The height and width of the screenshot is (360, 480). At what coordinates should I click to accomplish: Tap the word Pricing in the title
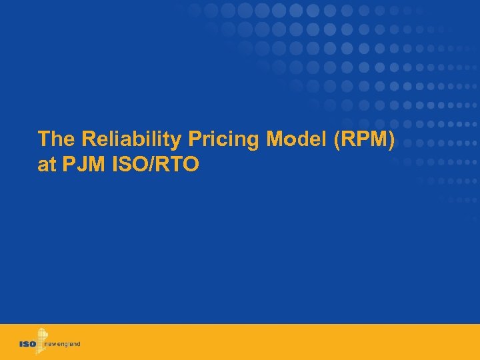pos(202,139)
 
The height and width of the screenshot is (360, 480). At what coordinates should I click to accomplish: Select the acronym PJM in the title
pos(83,165)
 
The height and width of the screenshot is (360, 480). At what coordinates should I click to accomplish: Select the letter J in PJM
pos(81,165)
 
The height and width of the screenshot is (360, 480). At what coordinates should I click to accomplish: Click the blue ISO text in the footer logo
pos(29,344)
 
